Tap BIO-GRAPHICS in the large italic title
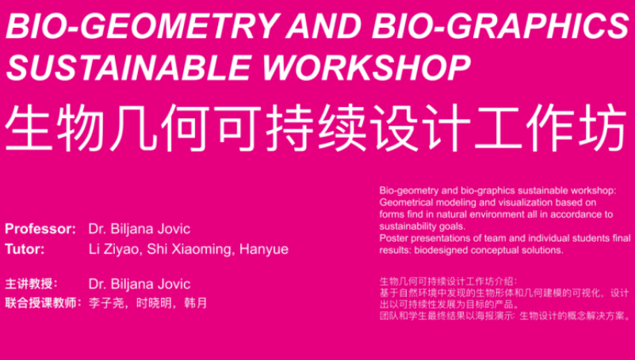pos(500,25)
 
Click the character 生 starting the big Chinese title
pos(28,128)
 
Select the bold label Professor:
pos(40,229)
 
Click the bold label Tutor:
pos(25,249)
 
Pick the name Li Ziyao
pos(114,249)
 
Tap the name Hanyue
pos(264,250)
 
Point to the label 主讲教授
pos(29,283)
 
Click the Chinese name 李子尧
pos(106,303)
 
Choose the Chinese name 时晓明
pos(154,303)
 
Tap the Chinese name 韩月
pos(196,303)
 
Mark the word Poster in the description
pos(391,238)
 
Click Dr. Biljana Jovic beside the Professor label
pos(140,229)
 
